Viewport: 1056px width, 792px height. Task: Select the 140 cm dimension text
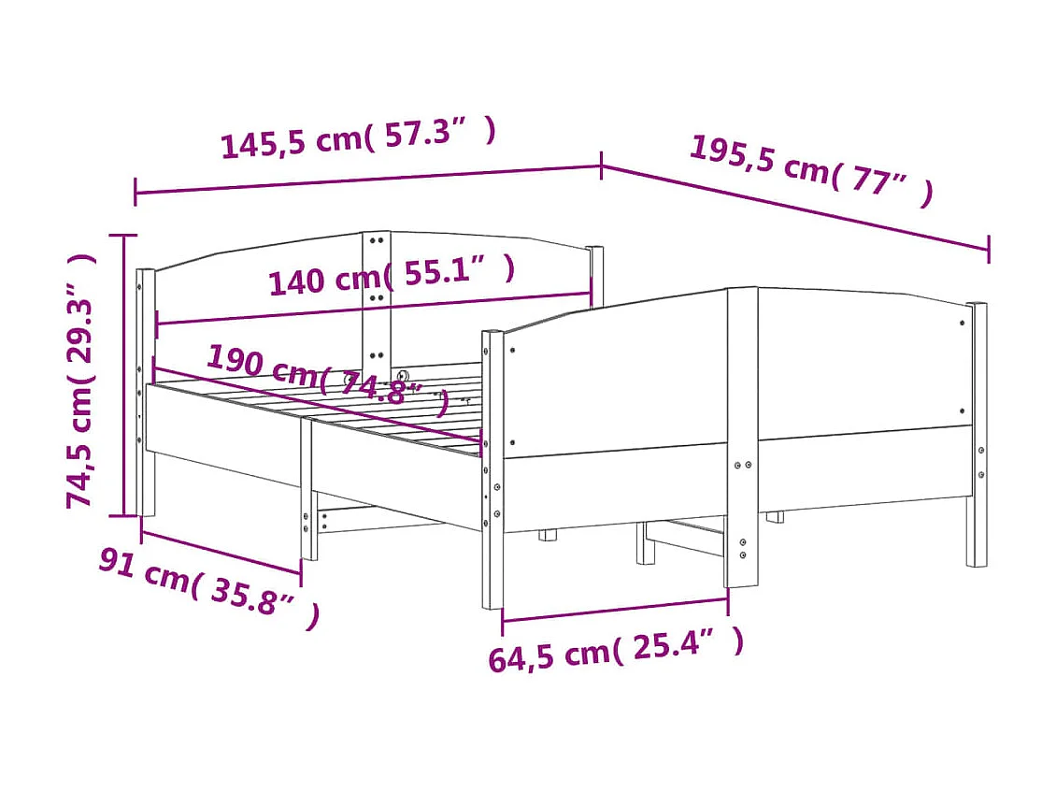391,276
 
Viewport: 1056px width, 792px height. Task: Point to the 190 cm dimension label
327,376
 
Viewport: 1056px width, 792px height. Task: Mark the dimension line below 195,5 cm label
794,209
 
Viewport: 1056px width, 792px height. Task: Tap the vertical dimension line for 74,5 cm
124,374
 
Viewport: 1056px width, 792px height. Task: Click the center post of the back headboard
376,299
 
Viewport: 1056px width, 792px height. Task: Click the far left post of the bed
146,393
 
